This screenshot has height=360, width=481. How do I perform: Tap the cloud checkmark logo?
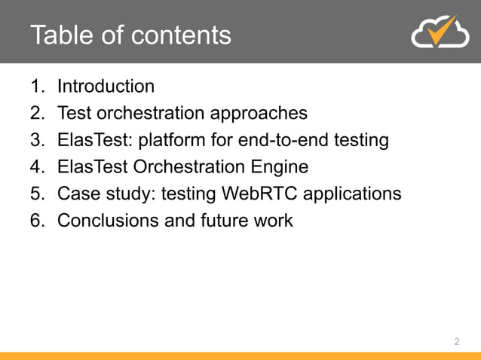[x=439, y=32]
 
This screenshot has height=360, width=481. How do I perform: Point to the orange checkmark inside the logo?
[x=449, y=29]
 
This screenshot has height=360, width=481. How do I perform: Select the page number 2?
[x=456, y=343]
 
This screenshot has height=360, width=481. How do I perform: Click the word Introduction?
[x=106, y=86]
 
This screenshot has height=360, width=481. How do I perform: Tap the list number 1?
[x=35, y=86]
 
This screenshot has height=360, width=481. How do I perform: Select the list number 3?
[x=35, y=140]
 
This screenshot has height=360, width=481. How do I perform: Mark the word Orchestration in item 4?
[x=189, y=167]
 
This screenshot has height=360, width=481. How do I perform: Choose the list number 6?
[x=35, y=221]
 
